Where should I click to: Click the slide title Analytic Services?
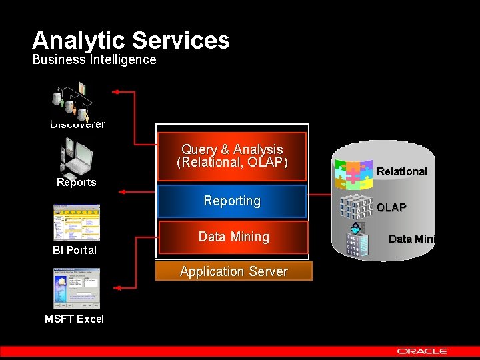click(131, 41)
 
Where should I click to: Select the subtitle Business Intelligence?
click(94, 59)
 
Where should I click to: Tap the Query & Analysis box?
click(232, 156)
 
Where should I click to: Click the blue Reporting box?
click(232, 201)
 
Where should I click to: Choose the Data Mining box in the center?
click(233, 237)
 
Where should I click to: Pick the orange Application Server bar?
click(233, 271)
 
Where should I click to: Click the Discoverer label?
click(77, 124)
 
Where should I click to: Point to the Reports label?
click(76, 183)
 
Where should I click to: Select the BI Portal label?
click(75, 251)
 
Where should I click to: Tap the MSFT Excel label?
click(74, 319)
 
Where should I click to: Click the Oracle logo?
click(423, 351)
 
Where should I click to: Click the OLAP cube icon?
click(355, 209)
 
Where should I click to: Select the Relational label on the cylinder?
click(401, 172)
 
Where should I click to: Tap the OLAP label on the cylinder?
click(391, 207)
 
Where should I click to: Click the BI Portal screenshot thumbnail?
click(76, 223)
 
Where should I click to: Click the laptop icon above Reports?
click(77, 157)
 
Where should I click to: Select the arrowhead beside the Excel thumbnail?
click(116, 287)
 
